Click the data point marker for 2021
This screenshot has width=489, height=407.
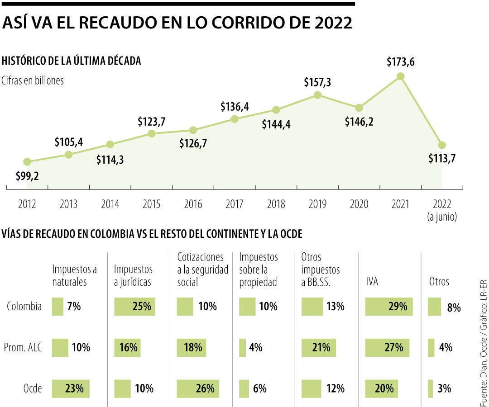[x=400, y=76]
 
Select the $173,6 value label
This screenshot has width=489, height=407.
[x=400, y=62]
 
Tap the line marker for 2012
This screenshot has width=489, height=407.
[x=27, y=162]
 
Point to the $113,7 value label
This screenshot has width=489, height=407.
[x=442, y=159]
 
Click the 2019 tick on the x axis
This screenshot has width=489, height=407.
[x=317, y=204]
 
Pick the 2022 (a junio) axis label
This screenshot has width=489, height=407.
[x=442, y=210]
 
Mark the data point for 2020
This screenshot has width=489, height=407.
[x=359, y=108]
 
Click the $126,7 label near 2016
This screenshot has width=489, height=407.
[x=193, y=143]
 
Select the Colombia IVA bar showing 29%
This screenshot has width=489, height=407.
[x=389, y=306]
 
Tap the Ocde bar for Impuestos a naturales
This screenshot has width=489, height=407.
[x=71, y=388]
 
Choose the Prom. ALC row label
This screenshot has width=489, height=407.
[x=22, y=347]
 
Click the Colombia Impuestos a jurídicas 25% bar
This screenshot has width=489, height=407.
[x=134, y=306]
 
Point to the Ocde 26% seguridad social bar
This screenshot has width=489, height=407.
[x=198, y=388]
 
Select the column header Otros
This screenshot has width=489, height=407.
[x=439, y=282]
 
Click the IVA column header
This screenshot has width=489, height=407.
[x=372, y=282]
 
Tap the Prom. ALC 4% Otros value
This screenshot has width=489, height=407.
[x=445, y=348]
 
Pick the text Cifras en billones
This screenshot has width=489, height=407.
[x=33, y=80]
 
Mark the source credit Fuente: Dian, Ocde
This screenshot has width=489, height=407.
[x=483, y=353]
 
